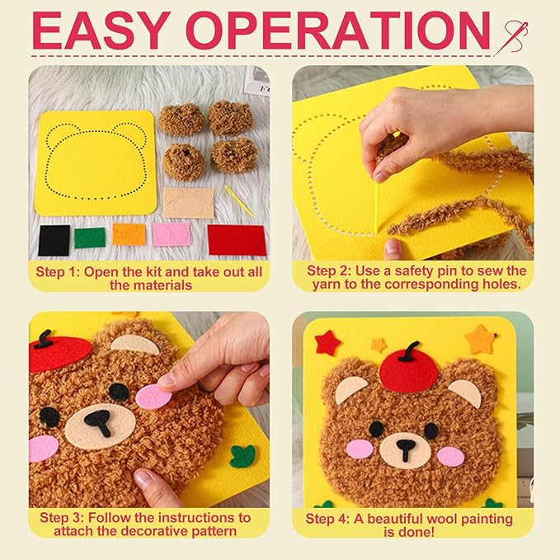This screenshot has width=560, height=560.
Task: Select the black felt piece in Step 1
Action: click(54, 240)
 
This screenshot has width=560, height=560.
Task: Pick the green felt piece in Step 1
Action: click(90, 238)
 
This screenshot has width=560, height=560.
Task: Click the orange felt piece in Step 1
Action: click(129, 234)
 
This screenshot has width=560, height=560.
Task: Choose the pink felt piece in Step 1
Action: click(172, 234)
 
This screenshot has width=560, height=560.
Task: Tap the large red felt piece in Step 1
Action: click(237, 239)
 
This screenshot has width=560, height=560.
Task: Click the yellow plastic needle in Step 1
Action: click(239, 200)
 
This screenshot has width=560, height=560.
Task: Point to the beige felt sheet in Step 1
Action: click(187, 202)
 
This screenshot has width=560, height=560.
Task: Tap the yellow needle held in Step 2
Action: click(378, 206)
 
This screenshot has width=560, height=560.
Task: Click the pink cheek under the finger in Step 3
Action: click(152, 398)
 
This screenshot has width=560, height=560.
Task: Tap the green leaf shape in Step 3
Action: click(242, 456)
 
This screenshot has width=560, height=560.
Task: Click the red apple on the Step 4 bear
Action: click(408, 369)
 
